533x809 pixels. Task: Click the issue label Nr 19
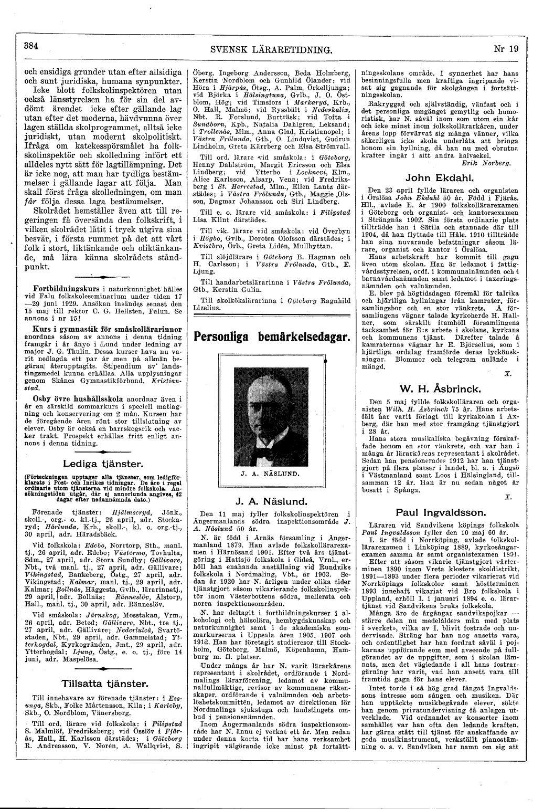pyautogui.click(x=506, y=49)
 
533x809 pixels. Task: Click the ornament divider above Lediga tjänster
pyautogui.click(x=102, y=452)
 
